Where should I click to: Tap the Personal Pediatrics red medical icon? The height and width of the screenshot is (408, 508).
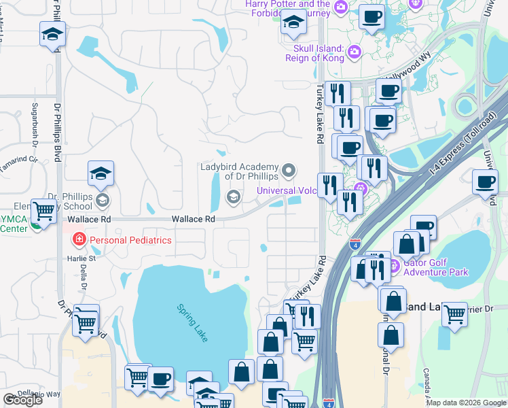point(79,240)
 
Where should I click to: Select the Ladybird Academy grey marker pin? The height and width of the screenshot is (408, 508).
point(289,171)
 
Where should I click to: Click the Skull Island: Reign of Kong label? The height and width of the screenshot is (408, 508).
point(319,53)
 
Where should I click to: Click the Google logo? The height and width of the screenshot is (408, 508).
point(22,400)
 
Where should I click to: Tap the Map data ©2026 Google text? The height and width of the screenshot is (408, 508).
point(466,403)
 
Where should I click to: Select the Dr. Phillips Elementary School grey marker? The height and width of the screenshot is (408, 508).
point(103,200)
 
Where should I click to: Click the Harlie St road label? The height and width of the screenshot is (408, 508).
point(81,258)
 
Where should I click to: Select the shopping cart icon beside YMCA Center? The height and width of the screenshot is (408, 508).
point(44,211)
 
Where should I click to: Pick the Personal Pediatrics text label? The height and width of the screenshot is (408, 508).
point(130,240)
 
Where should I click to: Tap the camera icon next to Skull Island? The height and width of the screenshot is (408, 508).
point(354,52)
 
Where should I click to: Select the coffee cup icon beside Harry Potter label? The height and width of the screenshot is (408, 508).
point(371,16)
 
